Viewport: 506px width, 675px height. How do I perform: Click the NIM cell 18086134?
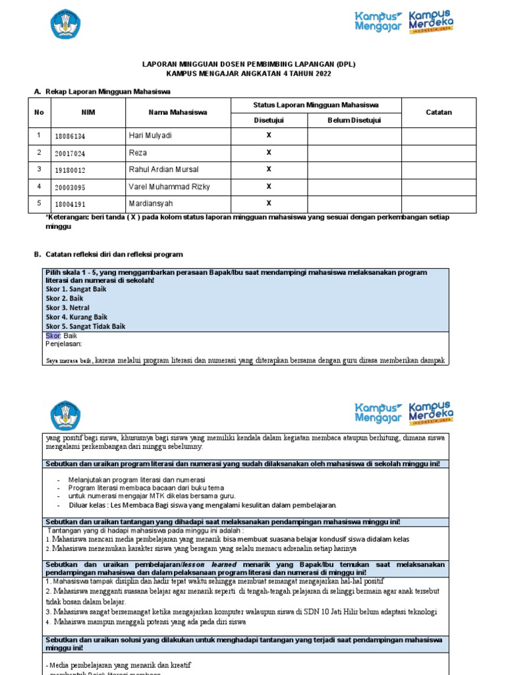coord(70,136)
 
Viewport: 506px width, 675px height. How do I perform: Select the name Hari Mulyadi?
coord(150,136)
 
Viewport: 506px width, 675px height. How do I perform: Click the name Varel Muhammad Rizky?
coord(169,187)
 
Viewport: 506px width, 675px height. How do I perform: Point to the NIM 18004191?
coord(70,204)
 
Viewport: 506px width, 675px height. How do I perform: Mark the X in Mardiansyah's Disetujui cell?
coord(268,204)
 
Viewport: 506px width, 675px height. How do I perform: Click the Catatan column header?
coord(439,113)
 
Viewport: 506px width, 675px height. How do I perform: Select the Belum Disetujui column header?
coord(354,120)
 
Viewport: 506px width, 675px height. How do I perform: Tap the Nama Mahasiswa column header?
coord(178,113)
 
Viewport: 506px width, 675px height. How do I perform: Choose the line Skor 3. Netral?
coord(67,308)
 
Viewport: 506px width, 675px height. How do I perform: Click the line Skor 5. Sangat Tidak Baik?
coord(85,326)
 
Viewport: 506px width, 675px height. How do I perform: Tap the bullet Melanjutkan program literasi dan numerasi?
coord(136,479)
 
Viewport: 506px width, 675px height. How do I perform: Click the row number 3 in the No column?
coord(39,169)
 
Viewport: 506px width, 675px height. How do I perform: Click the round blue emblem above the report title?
coord(65,24)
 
